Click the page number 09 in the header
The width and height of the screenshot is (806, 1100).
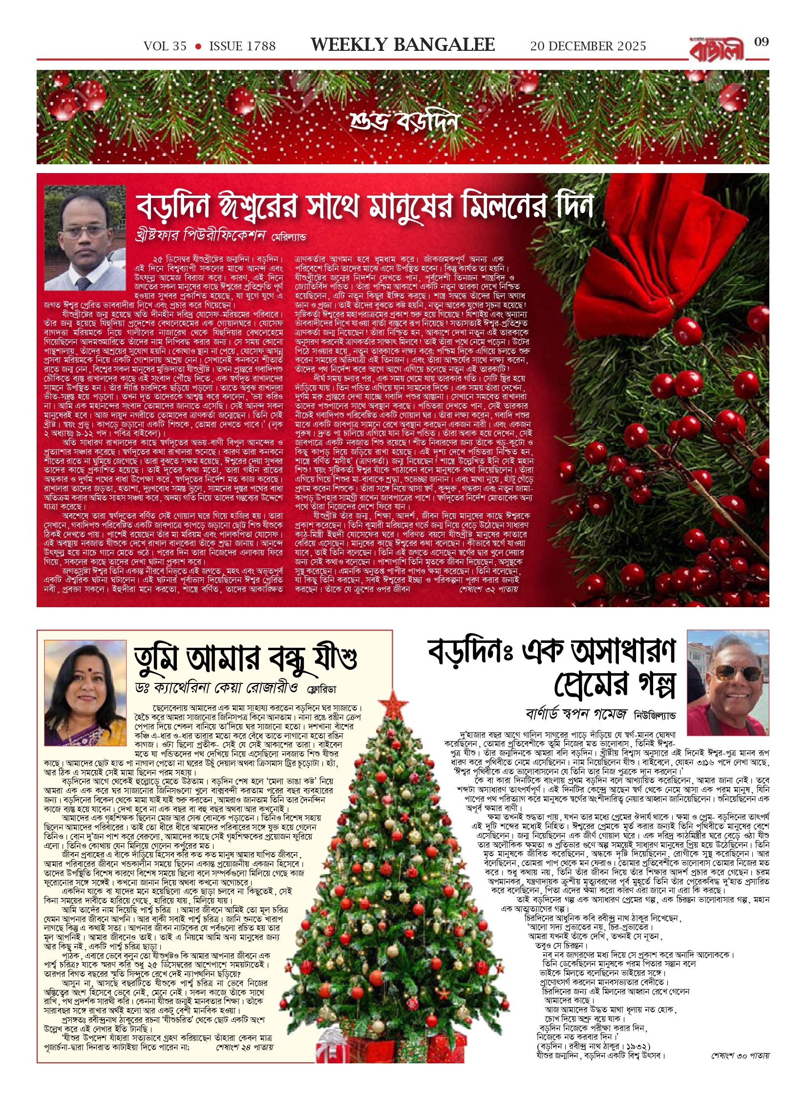click(x=762, y=42)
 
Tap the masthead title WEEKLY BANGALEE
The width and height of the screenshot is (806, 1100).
click(x=403, y=45)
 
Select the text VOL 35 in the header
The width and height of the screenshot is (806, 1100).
click(x=165, y=46)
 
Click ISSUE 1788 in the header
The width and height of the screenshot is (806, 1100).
click(x=242, y=46)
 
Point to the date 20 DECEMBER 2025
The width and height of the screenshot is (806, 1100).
click(x=588, y=46)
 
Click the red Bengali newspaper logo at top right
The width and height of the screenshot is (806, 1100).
click(x=717, y=48)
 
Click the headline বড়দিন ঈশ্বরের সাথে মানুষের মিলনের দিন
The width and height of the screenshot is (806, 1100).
click(x=364, y=207)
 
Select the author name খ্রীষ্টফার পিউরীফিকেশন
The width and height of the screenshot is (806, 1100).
click(x=200, y=236)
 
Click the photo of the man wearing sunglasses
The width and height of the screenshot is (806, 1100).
click(x=727, y=682)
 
